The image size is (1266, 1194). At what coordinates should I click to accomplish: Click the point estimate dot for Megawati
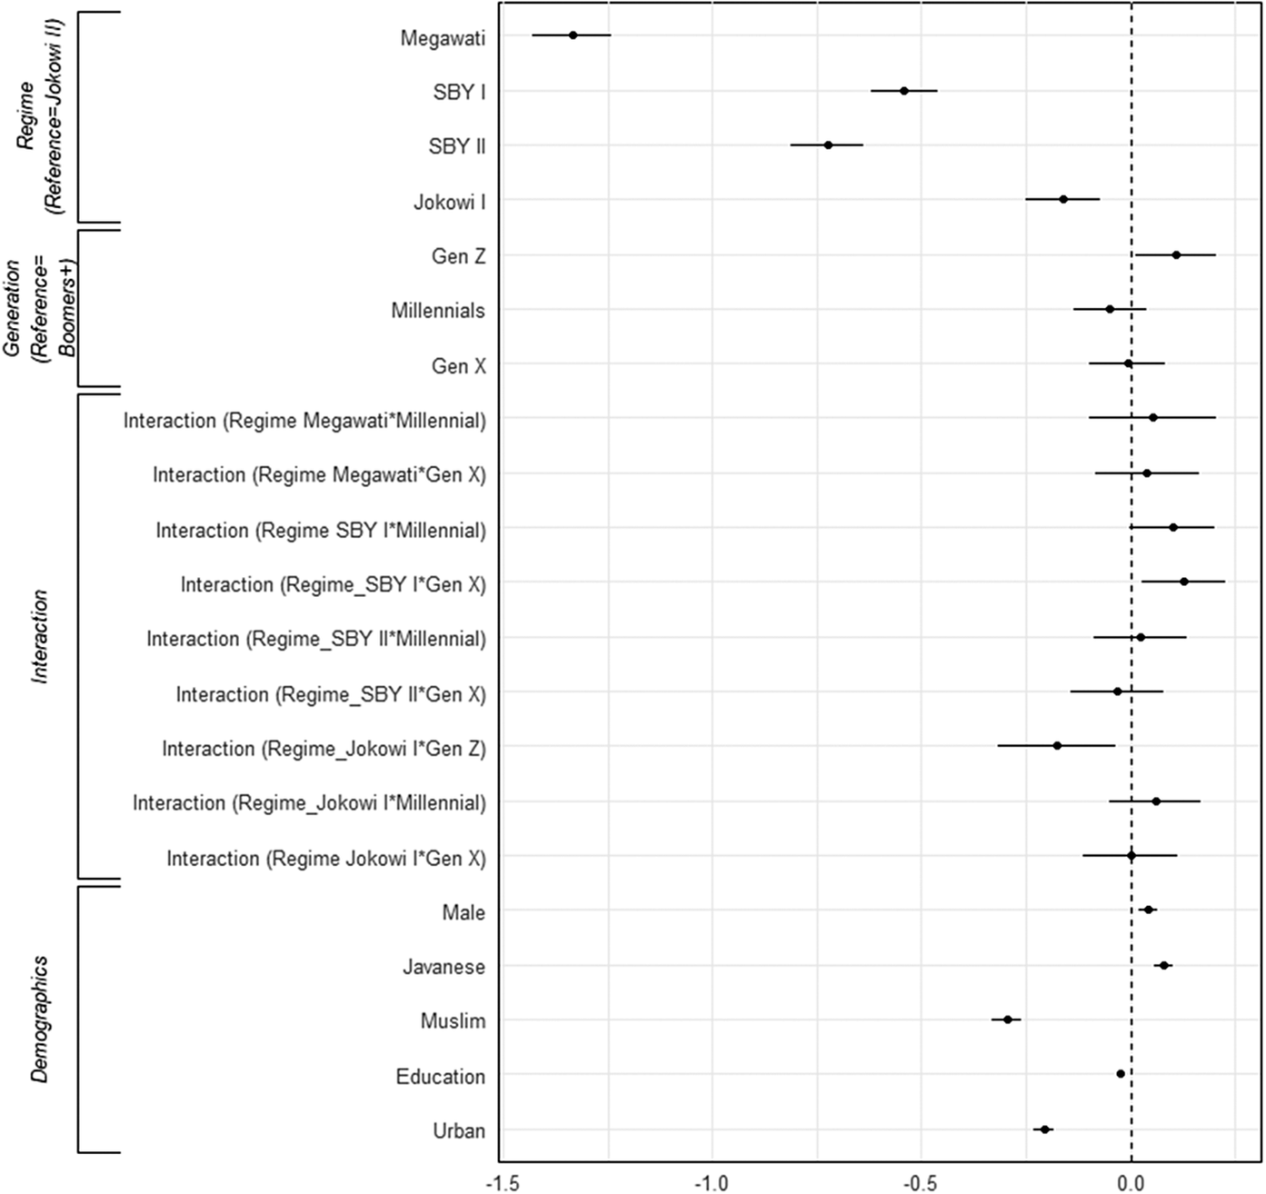pyautogui.click(x=573, y=35)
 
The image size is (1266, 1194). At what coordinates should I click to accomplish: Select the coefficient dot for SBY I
pyautogui.click(x=903, y=91)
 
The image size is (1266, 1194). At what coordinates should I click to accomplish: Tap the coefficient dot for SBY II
pyautogui.click(x=828, y=145)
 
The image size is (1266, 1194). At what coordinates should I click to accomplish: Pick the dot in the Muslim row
pyautogui.click(x=1007, y=1020)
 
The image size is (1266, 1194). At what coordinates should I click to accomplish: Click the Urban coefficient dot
pyautogui.click(x=1045, y=1129)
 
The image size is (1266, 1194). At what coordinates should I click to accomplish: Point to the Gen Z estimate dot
pyautogui.click(x=1176, y=255)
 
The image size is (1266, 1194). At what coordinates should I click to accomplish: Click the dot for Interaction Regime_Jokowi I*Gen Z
pyautogui.click(x=1057, y=746)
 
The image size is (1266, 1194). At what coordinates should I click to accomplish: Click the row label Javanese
pyautogui.click(x=444, y=968)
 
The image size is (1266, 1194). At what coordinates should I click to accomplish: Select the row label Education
pyautogui.click(x=440, y=1078)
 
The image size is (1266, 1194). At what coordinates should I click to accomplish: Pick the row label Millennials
pyautogui.click(x=438, y=312)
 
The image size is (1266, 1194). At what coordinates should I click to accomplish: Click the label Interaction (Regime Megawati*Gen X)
pyautogui.click(x=319, y=475)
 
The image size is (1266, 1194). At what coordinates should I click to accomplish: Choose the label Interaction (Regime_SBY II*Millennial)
pyautogui.click(x=316, y=640)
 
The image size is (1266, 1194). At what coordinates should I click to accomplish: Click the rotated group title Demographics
pyautogui.click(x=40, y=1019)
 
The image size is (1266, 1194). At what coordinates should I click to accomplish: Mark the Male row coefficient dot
pyautogui.click(x=1148, y=910)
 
